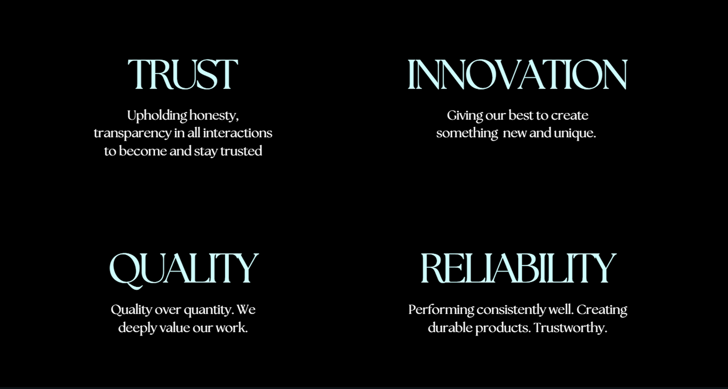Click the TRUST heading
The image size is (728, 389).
coord(183,74)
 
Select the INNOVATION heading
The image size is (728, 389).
coord(517,74)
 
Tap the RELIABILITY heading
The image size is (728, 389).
coord(518,268)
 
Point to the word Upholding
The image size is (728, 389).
coord(157,116)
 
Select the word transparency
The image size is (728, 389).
coord(132,133)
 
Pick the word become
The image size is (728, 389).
coord(143,151)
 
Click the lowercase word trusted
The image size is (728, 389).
coord(241,151)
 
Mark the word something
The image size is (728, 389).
coord(467,133)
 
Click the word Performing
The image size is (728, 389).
coord(441,310)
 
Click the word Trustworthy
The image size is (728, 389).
coord(571,328)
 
